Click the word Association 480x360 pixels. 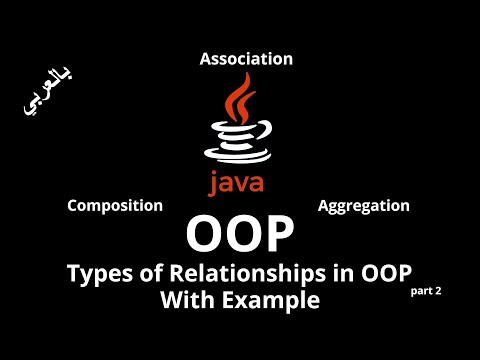tap(246, 59)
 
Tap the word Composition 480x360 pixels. tap(114, 205)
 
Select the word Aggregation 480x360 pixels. tap(363, 205)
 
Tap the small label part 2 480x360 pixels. tap(426, 289)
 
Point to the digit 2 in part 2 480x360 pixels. tap(438, 289)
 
